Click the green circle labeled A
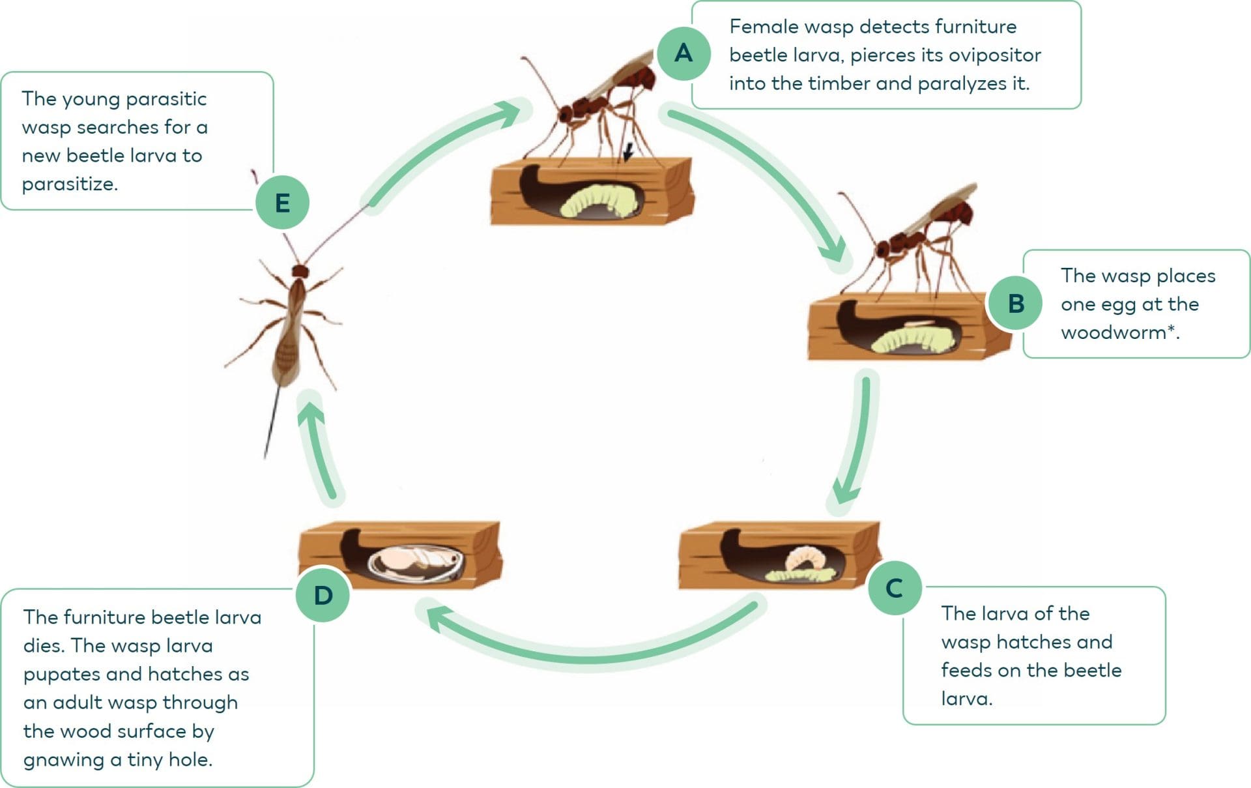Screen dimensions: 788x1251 pos(683,53)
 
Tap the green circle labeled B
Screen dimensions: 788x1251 pos(1016,304)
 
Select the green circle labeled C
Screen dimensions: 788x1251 pos(895,588)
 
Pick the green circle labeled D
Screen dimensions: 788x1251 pos(323,595)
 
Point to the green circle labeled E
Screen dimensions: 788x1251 pos(282,203)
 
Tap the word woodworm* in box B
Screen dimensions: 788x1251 pos(1119,332)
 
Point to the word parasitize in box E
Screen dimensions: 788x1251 pos(70,184)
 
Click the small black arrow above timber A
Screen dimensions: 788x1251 pos(627,153)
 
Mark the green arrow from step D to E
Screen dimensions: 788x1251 pos(319,450)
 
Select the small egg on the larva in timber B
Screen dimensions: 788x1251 pos(921,322)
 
